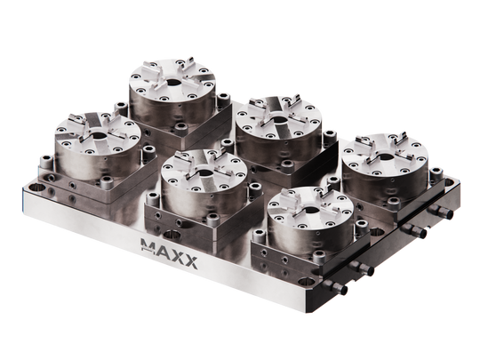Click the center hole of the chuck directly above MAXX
[203, 174]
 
